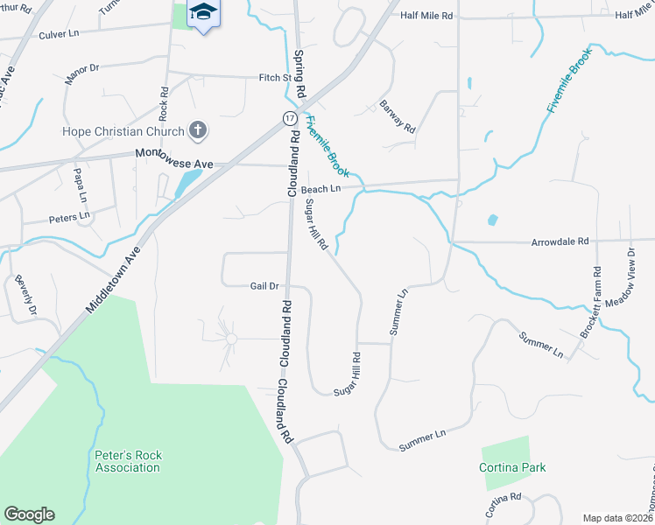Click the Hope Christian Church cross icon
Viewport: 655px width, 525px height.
point(198,131)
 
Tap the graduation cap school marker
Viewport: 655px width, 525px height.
point(203,12)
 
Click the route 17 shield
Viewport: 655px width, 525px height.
point(289,117)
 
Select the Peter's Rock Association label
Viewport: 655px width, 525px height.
point(128,461)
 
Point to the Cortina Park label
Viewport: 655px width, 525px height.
point(512,467)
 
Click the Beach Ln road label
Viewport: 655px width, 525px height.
point(320,189)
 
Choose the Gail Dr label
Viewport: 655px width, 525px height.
point(264,285)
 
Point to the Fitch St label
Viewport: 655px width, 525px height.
point(274,78)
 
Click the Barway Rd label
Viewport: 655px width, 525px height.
point(398,116)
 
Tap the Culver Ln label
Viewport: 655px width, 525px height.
point(60,33)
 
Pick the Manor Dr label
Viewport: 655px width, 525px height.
point(82,73)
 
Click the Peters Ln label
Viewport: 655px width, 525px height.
point(69,215)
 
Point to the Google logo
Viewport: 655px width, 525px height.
point(29,514)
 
